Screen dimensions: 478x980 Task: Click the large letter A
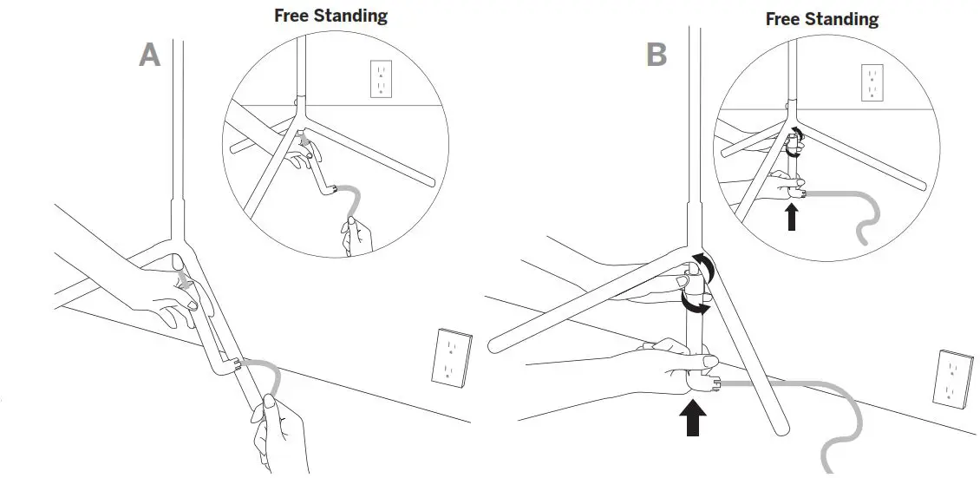pyautogui.click(x=150, y=56)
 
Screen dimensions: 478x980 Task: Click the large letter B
pyautogui.click(x=657, y=56)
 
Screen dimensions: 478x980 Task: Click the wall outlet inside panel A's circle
pyautogui.click(x=381, y=79)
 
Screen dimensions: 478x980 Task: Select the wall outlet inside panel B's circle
pyautogui.click(x=872, y=83)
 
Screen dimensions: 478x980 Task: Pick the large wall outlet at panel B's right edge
pyautogui.click(x=951, y=378)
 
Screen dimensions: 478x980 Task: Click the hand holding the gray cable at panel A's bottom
pyautogui.click(x=279, y=429)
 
